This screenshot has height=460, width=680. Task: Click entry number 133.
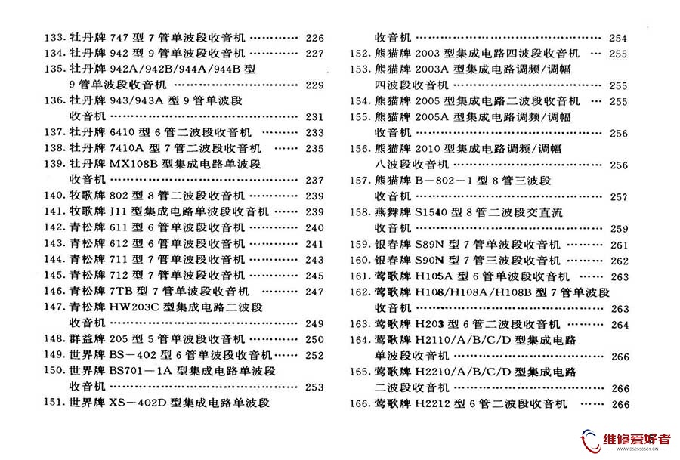(x=54, y=38)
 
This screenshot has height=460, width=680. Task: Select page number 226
(x=314, y=38)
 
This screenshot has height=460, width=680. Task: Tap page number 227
(x=314, y=54)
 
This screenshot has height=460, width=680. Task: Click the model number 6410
(x=122, y=132)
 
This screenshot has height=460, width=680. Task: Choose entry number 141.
(x=54, y=211)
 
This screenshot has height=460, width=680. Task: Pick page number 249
(x=314, y=323)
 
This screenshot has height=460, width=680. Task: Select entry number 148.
(x=54, y=339)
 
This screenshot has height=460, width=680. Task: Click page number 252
(x=314, y=355)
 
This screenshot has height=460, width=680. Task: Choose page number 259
(x=619, y=229)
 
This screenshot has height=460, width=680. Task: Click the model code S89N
(x=431, y=245)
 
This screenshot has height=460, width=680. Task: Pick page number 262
(x=619, y=261)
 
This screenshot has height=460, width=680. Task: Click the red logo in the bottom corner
(x=589, y=440)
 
